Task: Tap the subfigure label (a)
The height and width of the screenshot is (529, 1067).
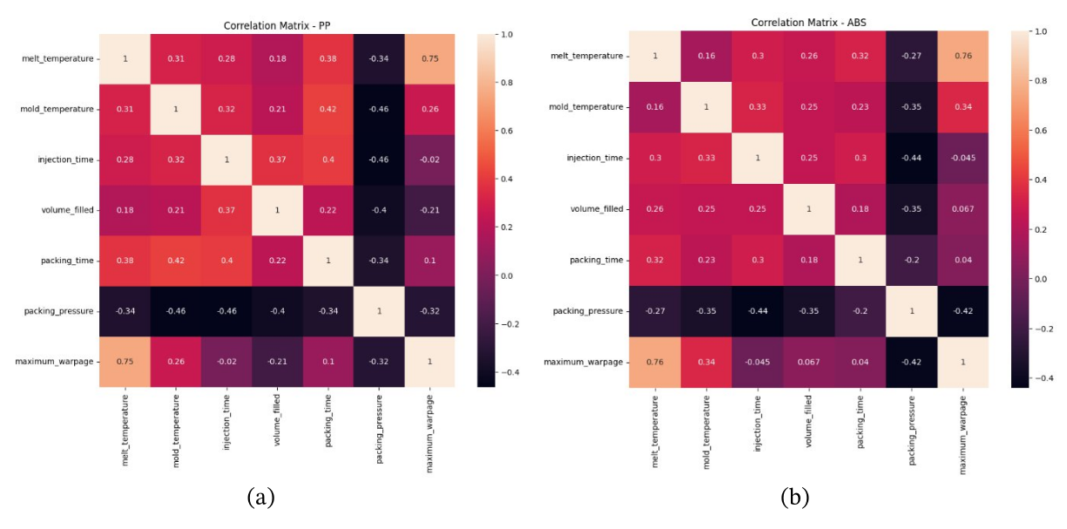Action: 261,498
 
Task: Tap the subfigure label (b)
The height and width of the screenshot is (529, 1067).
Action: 794,498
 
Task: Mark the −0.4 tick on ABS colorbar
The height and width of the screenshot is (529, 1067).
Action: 1042,379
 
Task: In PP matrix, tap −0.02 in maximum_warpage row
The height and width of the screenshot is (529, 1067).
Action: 227,362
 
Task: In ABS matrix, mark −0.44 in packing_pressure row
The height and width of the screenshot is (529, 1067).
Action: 758,311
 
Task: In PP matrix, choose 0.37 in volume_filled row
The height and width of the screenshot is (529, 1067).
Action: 227,210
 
